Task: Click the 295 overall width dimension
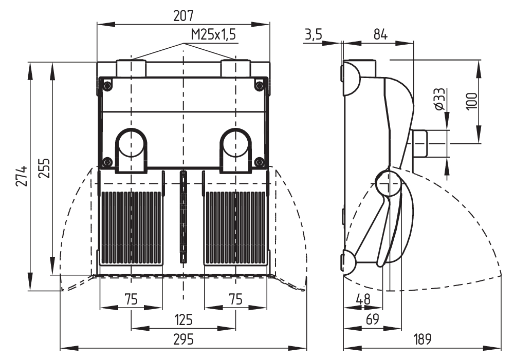pos(184,339)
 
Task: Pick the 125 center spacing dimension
pos(183,320)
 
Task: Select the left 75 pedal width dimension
pos(131,299)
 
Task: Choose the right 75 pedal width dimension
pos(235,299)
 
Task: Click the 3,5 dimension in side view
pos(313,34)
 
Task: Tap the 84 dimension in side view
pos(380,34)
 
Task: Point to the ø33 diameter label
pos(438,99)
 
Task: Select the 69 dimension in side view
pos(373,319)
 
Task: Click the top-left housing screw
pos(107,85)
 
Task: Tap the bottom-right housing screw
pos(260,162)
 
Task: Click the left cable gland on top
pos(131,68)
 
